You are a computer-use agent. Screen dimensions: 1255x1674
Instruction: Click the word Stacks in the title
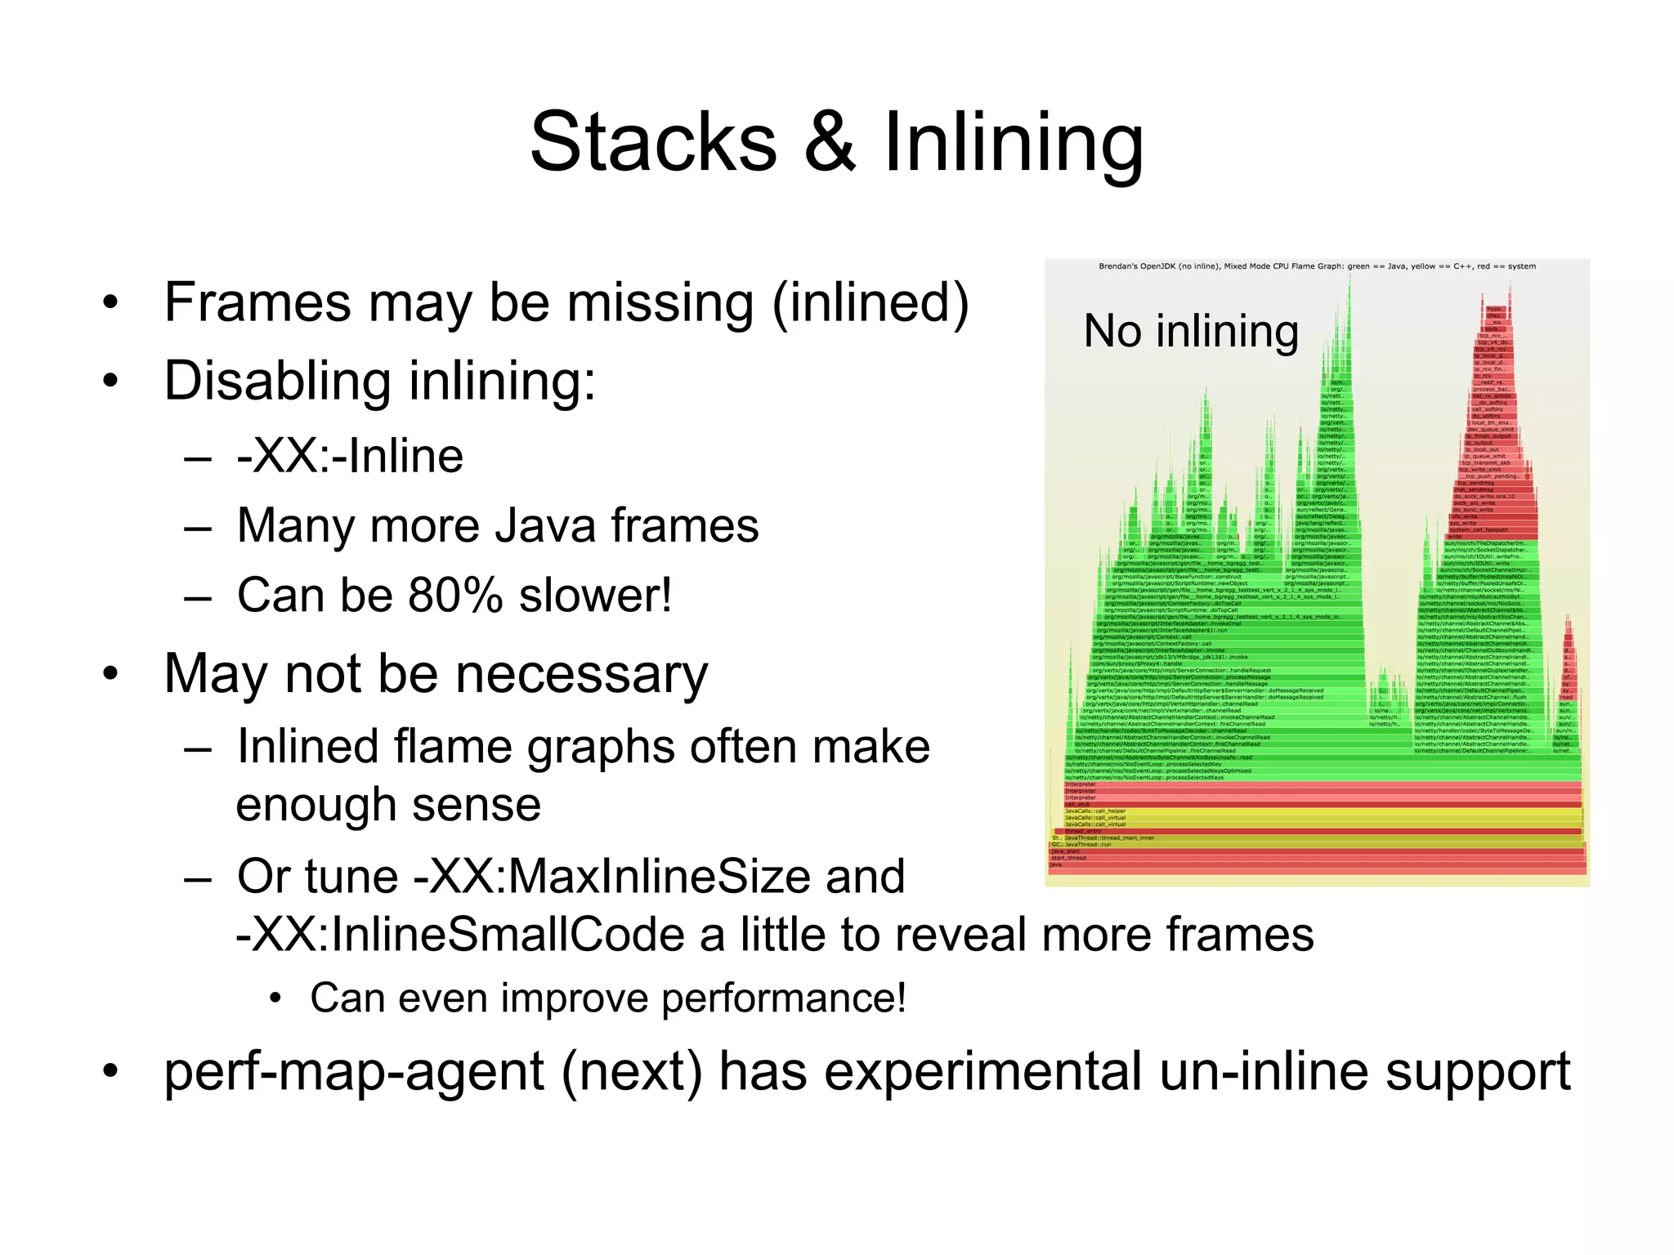pos(653,143)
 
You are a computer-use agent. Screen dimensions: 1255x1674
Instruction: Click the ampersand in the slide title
pos(830,143)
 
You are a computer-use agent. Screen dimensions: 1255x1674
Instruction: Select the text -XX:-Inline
pos(350,456)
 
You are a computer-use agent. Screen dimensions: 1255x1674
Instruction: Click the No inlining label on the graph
pos(1190,331)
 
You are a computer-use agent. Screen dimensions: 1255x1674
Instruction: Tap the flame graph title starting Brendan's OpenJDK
pos(1316,266)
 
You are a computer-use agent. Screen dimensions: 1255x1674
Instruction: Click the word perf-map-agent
pos(354,1071)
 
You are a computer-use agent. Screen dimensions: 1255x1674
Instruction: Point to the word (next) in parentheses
pos(631,1071)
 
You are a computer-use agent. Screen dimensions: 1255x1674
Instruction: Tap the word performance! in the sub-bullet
pos(783,998)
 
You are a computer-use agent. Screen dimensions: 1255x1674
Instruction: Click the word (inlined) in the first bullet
pos(870,303)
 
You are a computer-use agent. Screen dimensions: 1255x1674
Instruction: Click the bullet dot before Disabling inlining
pos(111,381)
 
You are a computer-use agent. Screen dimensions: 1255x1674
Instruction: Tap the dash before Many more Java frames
pos(198,527)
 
